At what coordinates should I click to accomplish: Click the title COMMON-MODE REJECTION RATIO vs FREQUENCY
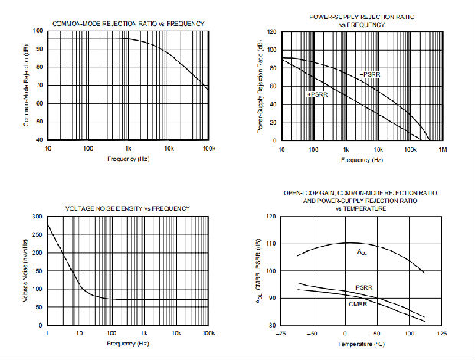pyautogui.click(x=128, y=23)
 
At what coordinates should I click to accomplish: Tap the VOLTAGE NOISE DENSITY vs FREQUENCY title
pyautogui.click(x=128, y=208)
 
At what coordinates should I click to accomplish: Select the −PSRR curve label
pyautogui.click(x=371, y=74)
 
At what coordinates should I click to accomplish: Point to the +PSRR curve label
pyautogui.click(x=317, y=93)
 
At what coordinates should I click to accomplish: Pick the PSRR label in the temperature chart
pyautogui.click(x=364, y=287)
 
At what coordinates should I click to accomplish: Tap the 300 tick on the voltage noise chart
pyautogui.click(x=38, y=217)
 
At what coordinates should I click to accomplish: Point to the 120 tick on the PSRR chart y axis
pyautogui.click(x=270, y=33)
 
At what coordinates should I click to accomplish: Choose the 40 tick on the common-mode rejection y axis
pyautogui.click(x=38, y=140)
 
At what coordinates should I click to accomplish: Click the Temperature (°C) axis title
pyautogui.click(x=362, y=345)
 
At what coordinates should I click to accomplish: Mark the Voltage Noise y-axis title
pyautogui.click(x=27, y=272)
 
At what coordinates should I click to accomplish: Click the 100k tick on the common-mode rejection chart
pyautogui.click(x=207, y=148)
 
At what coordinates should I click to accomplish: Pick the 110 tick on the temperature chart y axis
pyautogui.click(x=271, y=244)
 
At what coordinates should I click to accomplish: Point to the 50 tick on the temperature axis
pyautogui.click(x=378, y=335)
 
